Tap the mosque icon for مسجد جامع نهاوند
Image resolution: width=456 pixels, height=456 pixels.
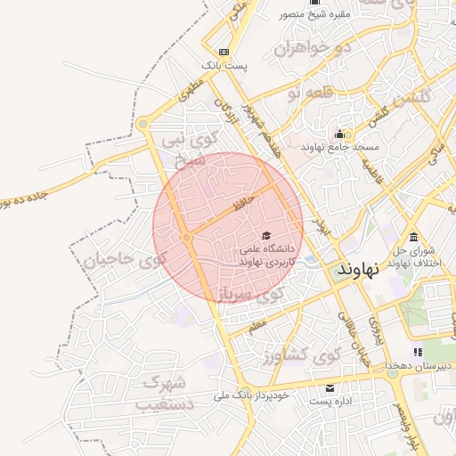339,133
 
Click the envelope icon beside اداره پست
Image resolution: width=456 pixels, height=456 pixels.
330,388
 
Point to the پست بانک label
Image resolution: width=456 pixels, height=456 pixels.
224,66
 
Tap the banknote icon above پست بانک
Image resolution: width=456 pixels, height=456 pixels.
223,52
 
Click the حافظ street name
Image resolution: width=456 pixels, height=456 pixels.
244,203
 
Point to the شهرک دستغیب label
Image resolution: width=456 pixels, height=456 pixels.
162,394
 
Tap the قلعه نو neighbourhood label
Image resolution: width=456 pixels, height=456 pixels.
330,92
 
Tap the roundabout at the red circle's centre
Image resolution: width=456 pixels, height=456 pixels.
186,237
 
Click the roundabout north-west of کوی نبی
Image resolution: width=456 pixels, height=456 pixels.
142,124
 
